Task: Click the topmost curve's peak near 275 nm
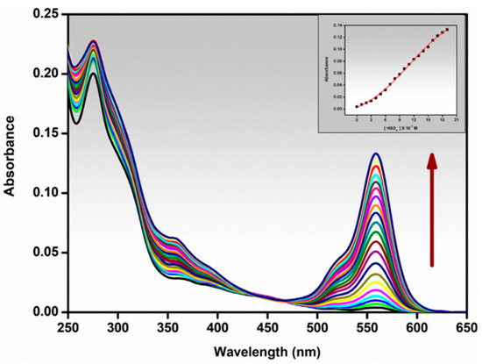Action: point(93,40)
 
